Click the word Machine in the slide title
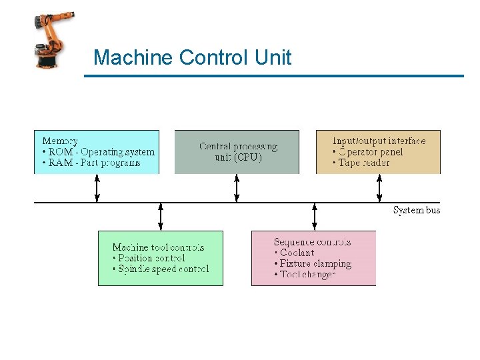click(x=133, y=58)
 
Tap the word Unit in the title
click(x=273, y=58)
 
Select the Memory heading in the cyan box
click(x=60, y=141)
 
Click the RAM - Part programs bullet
click(x=94, y=163)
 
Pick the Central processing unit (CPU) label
click(x=238, y=152)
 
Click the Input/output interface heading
click(x=379, y=141)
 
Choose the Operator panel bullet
click(x=371, y=152)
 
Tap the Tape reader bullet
click(x=363, y=163)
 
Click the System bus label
click(x=417, y=211)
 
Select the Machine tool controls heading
click(x=158, y=247)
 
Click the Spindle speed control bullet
click(x=163, y=269)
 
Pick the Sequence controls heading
click(x=312, y=242)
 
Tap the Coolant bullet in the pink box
click(x=297, y=253)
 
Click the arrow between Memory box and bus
click(x=97, y=188)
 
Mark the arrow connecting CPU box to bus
click(x=237, y=188)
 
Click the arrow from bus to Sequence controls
click(x=315, y=217)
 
